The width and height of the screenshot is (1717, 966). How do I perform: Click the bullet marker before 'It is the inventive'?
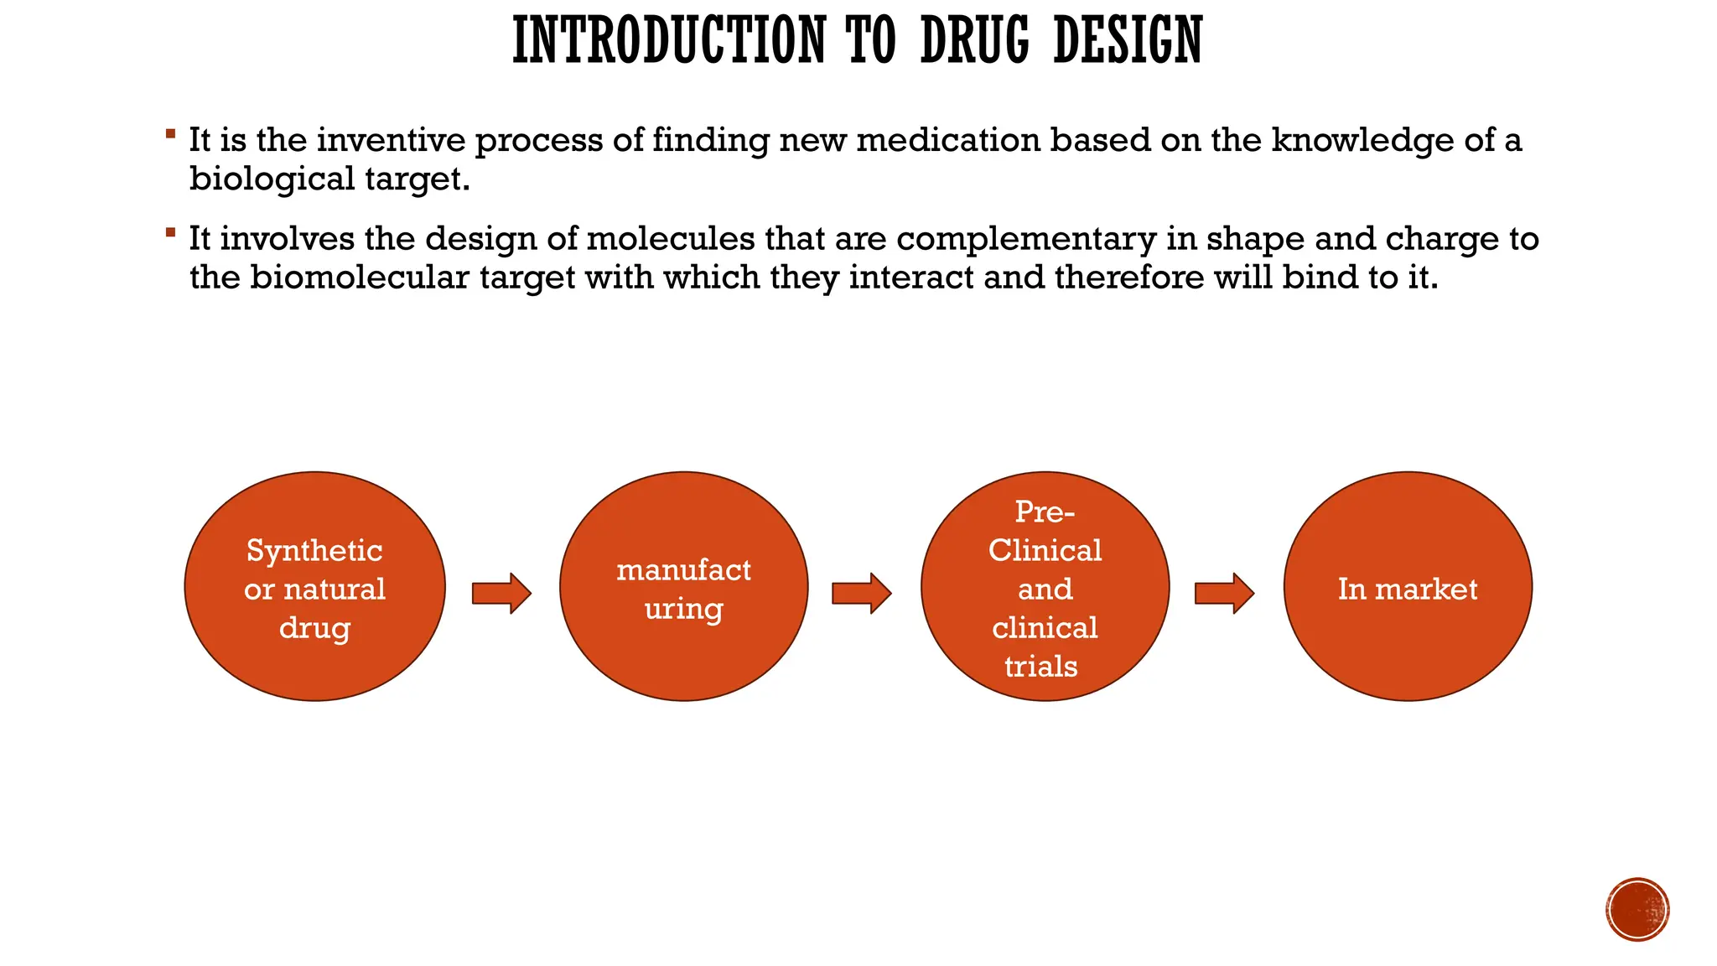tap(171, 133)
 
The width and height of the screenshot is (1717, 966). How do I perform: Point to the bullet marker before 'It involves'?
tap(171, 232)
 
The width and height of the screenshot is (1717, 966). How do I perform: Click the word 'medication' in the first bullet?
tap(948, 140)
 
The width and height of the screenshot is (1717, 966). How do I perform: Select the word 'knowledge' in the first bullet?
tap(1362, 140)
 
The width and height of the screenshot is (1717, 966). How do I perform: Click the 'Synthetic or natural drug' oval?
tap(314, 586)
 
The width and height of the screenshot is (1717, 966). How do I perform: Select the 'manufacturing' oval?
tap(683, 586)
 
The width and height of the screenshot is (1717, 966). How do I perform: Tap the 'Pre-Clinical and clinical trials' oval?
tap(1045, 586)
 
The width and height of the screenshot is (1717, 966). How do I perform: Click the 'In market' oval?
tap(1408, 586)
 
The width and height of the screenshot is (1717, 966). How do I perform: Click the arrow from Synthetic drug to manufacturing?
tap(501, 594)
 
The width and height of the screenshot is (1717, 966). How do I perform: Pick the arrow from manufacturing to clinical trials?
tap(861, 594)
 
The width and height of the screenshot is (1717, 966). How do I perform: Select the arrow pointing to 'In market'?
tap(1224, 594)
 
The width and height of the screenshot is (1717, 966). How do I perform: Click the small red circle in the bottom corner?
tap(1637, 910)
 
